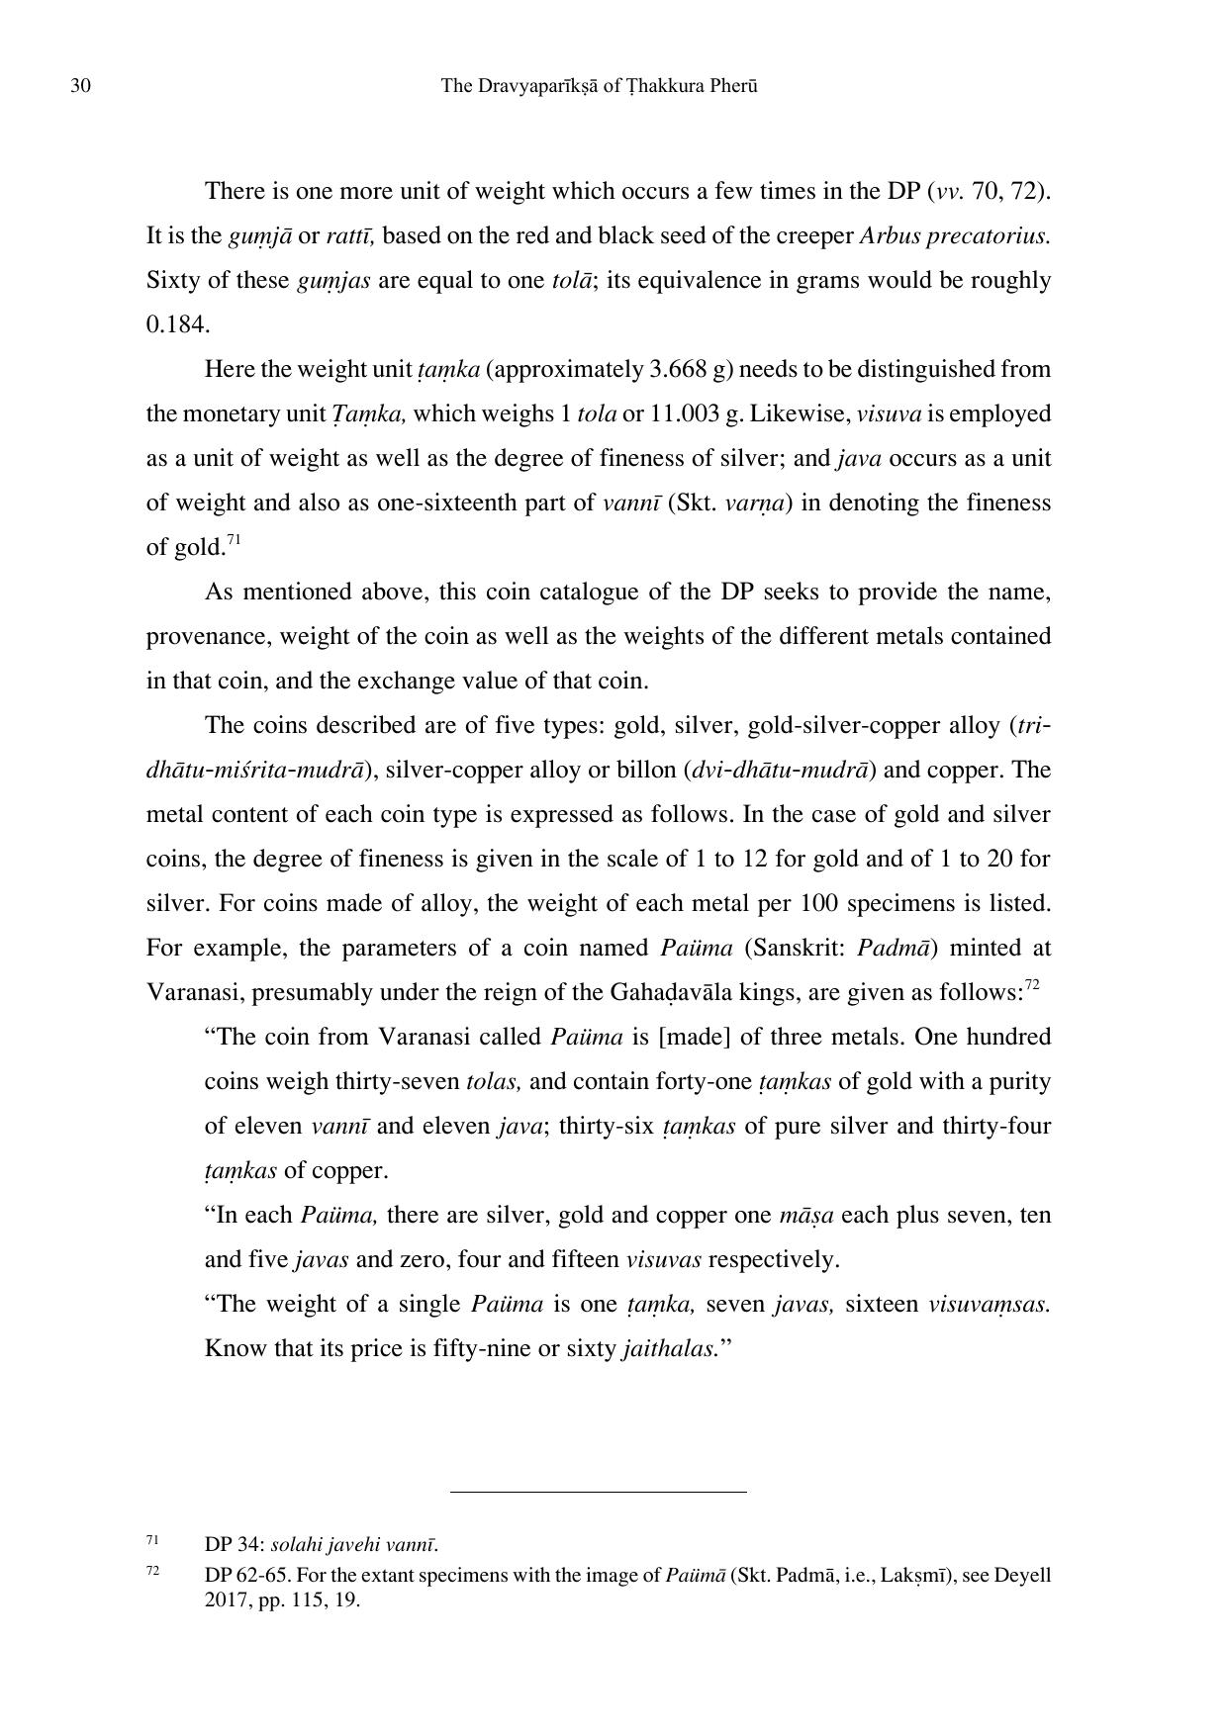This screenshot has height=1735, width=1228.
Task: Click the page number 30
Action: [81, 86]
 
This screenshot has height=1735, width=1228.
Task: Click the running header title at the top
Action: [599, 86]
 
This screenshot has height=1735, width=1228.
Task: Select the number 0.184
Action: [177, 324]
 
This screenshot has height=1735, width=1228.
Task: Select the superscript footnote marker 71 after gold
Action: [235, 540]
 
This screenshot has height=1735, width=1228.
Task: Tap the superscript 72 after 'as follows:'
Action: [1031, 985]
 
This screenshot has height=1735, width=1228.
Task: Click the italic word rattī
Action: [349, 235]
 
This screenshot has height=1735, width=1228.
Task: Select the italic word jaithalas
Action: [670, 1348]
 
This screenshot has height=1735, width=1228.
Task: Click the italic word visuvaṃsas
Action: [989, 1304]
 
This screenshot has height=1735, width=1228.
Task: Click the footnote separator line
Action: [598, 1492]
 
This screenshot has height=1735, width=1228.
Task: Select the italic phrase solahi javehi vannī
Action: [354, 1545]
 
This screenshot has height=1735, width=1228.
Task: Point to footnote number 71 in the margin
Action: [152, 1540]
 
